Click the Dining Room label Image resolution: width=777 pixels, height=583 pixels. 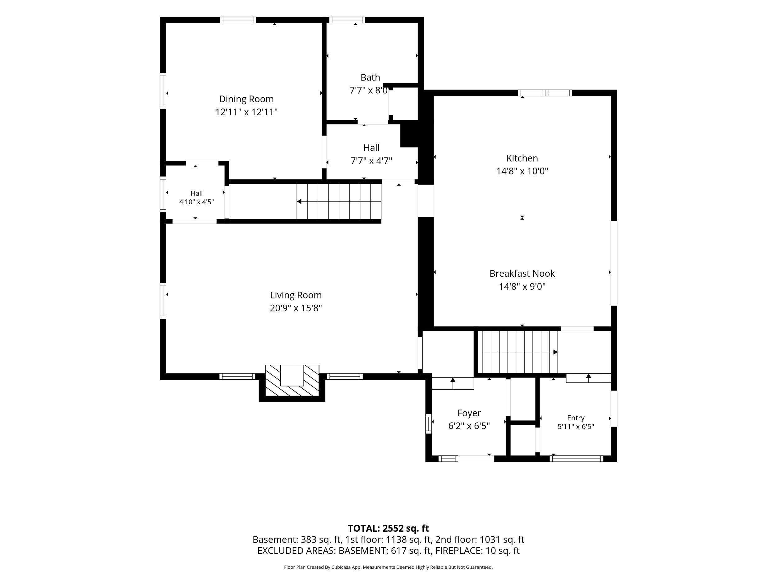click(x=246, y=99)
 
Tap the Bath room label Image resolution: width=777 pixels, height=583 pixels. click(x=370, y=77)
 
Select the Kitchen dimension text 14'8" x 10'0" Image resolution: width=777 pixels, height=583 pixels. click(x=522, y=171)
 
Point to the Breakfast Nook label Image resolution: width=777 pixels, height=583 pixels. click(x=522, y=273)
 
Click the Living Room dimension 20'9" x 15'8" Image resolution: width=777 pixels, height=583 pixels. click(x=296, y=308)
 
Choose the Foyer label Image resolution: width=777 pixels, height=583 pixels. click(x=469, y=413)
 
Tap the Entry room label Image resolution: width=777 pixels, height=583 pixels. click(x=576, y=418)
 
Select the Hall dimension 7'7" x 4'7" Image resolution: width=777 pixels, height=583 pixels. click(x=371, y=161)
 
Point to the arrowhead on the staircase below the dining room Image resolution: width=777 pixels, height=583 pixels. click(x=299, y=201)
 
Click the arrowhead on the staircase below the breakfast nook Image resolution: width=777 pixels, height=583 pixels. click(x=555, y=352)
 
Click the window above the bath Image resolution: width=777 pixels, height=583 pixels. click(x=347, y=20)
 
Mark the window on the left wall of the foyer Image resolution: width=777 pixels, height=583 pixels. click(x=429, y=423)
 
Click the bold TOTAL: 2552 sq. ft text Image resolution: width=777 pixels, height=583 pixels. click(x=388, y=528)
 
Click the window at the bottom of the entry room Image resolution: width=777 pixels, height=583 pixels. click(x=577, y=459)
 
